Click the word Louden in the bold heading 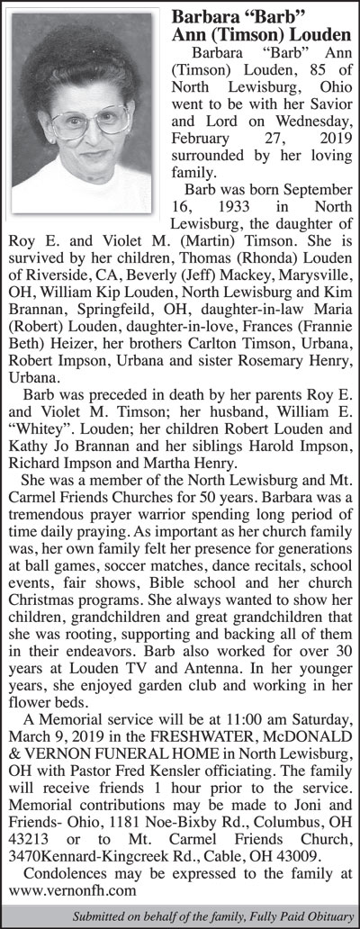tap(307, 35)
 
